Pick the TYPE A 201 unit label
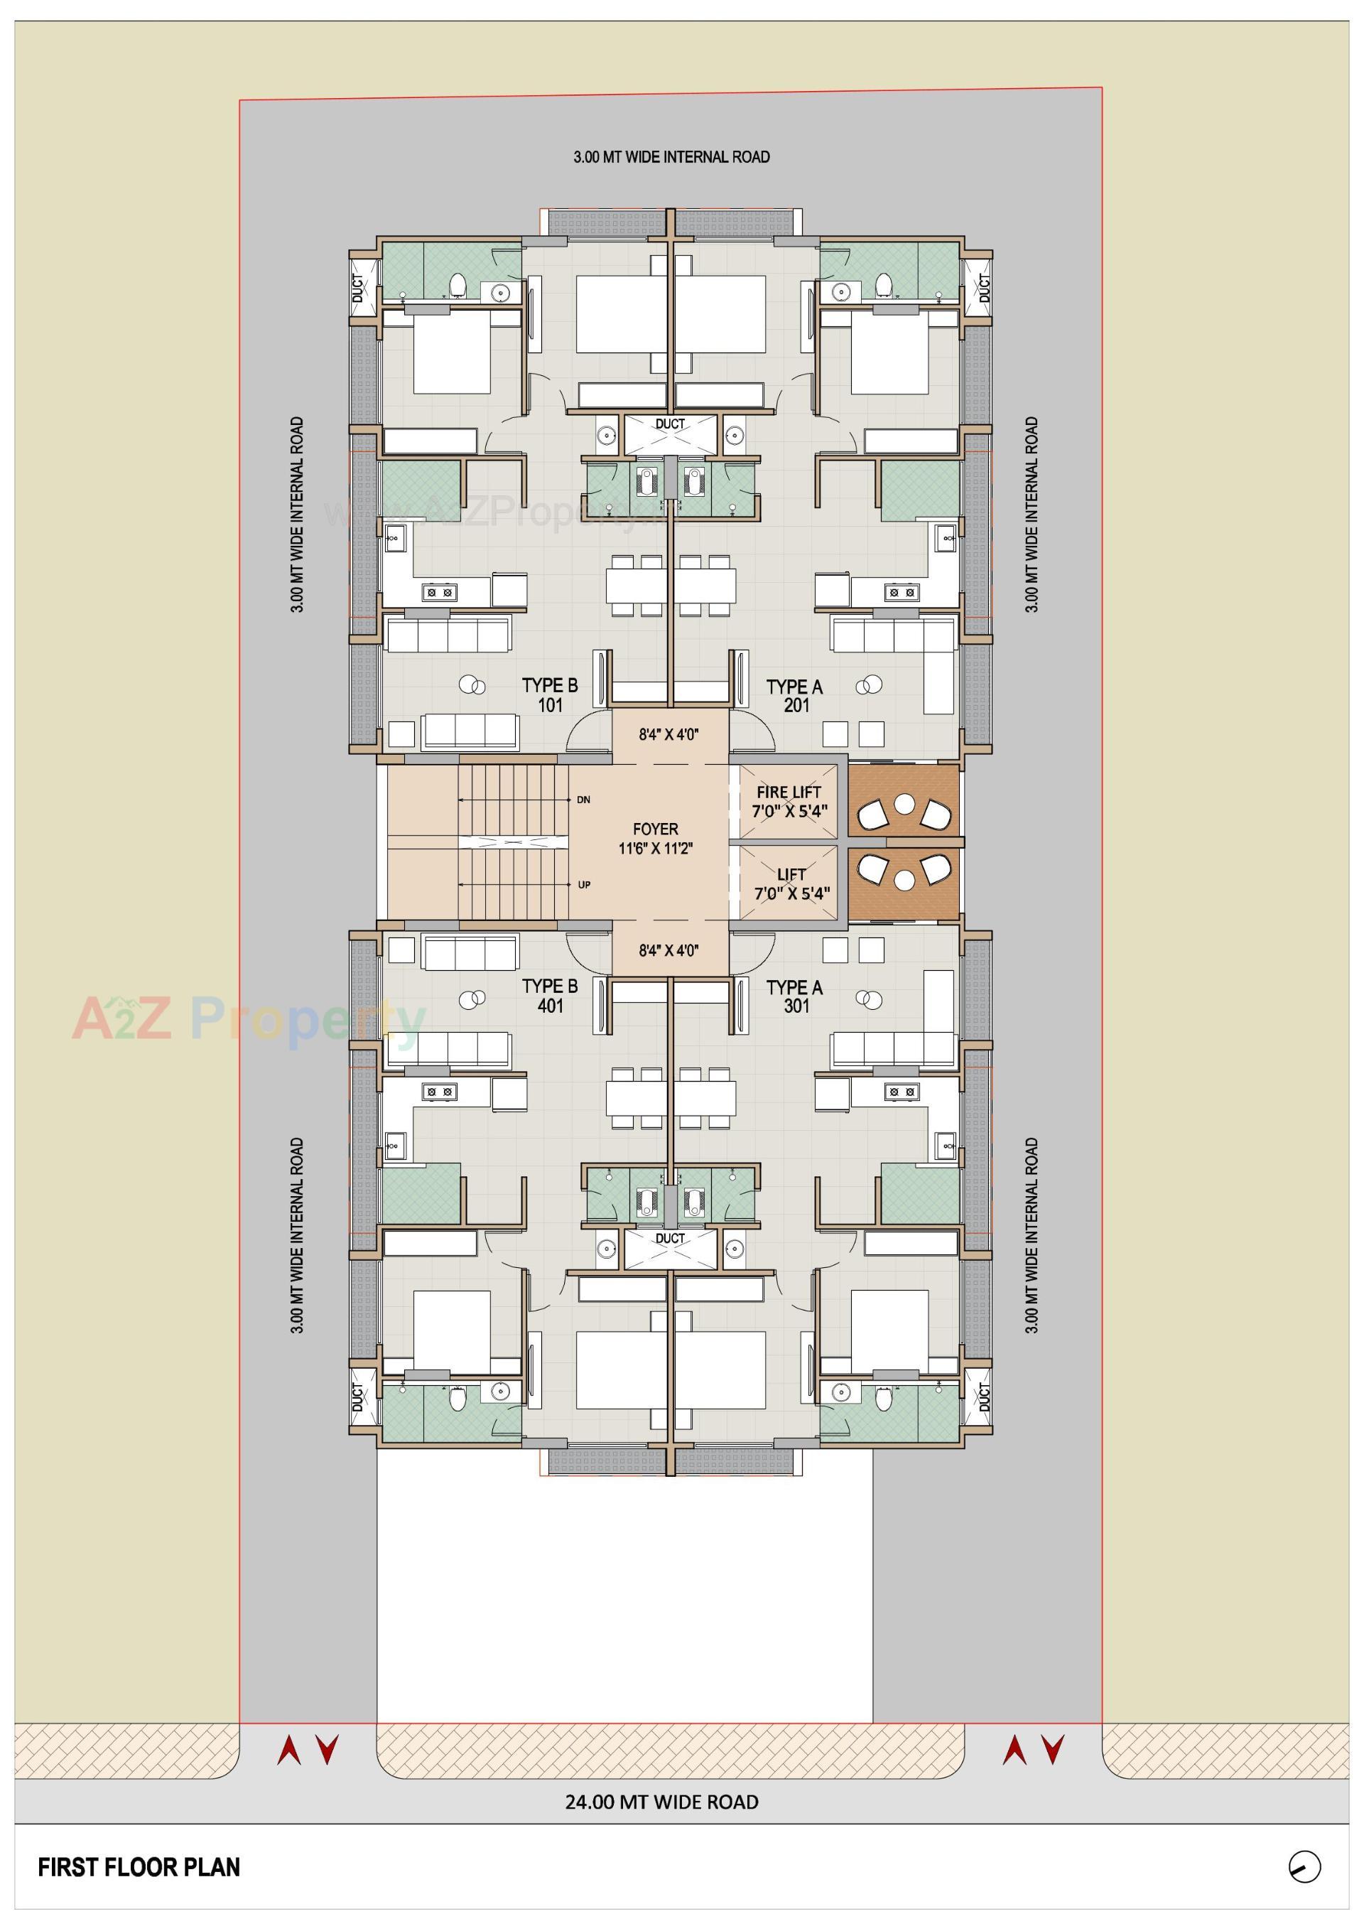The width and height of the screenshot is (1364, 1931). click(795, 696)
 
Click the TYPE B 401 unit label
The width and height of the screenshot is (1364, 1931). click(550, 996)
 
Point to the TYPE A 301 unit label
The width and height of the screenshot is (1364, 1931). click(795, 996)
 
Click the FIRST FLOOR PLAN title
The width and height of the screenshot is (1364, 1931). click(139, 1867)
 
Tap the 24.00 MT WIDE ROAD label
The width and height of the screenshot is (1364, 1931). click(662, 1802)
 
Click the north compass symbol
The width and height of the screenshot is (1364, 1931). click(1304, 1867)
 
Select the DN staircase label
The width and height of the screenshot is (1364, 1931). click(584, 800)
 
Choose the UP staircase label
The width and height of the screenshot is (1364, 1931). click(584, 885)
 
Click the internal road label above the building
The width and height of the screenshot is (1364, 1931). click(671, 157)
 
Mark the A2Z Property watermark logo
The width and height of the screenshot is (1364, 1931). click(248, 1018)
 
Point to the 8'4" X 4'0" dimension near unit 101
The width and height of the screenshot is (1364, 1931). click(669, 734)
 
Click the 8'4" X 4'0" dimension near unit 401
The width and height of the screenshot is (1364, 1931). click(669, 951)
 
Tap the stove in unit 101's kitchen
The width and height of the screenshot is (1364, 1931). click(438, 592)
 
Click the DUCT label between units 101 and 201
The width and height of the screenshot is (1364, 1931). click(670, 424)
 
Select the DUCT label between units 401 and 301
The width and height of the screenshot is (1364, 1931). click(670, 1238)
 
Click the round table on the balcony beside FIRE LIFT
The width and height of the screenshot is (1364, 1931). click(904, 804)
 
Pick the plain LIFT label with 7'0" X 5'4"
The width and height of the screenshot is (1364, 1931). click(791, 884)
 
